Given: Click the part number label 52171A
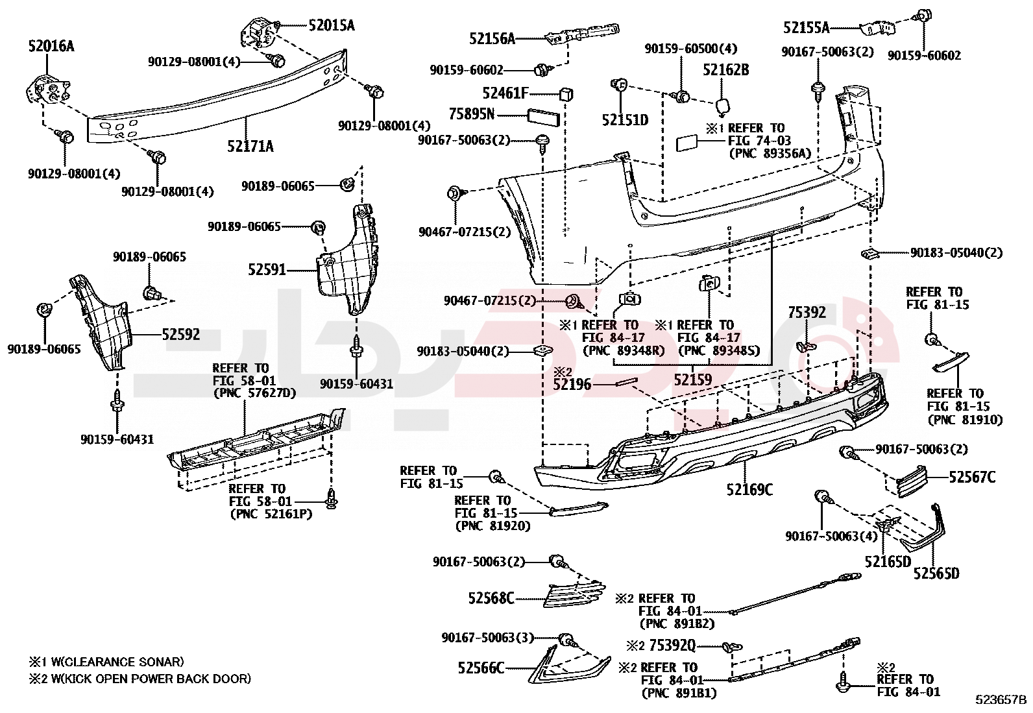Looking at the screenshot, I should point(250,146).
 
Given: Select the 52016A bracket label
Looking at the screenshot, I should point(51,46).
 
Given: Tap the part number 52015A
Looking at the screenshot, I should point(331,25).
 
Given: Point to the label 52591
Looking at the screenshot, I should point(267,269).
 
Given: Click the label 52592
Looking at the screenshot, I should point(181,335).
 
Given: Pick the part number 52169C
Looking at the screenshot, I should point(749,489).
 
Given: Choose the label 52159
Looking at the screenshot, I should point(692,380).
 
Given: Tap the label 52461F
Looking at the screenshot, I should point(505,93).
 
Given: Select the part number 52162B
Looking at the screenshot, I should point(726,69).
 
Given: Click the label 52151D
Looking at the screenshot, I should point(625,119).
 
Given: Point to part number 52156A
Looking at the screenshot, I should point(492,39).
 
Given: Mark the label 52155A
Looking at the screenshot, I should point(806,27).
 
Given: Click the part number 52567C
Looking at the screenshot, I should point(972,477).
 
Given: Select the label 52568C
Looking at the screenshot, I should point(491,598).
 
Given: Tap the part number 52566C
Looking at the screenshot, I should point(481,668).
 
